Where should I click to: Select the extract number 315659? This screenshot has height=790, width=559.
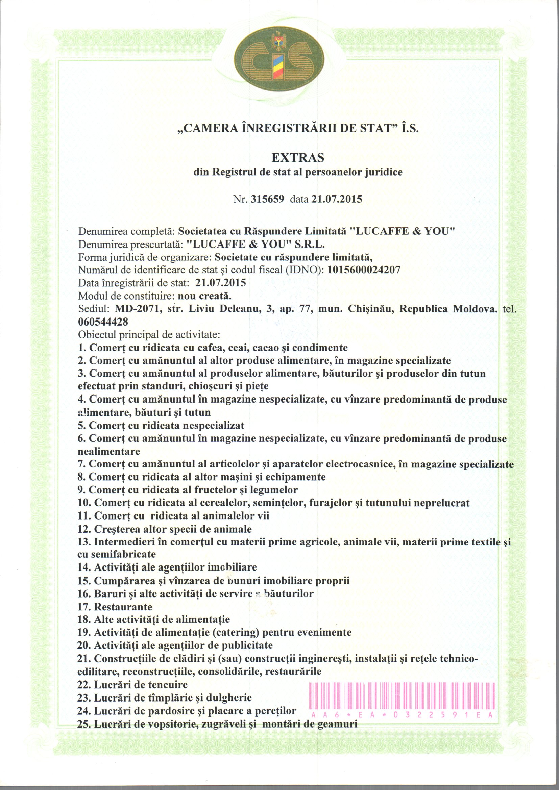coord(267,199)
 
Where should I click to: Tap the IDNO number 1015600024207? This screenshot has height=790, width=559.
coord(364,270)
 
